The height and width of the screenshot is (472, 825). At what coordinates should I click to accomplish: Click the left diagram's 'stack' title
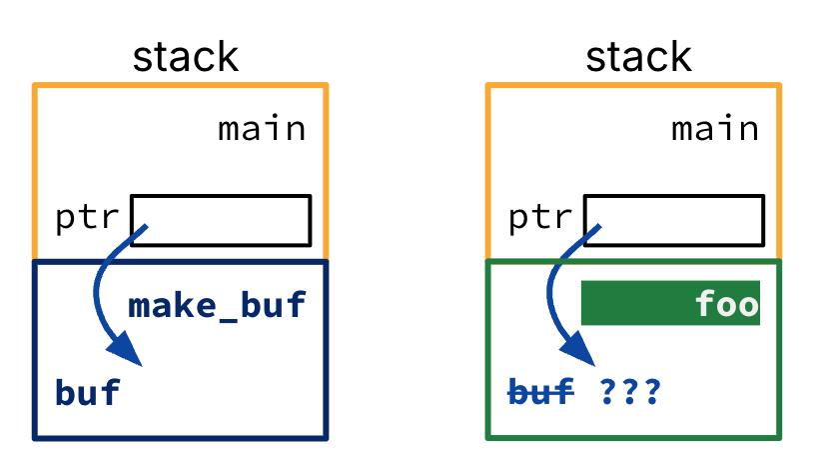[186, 57]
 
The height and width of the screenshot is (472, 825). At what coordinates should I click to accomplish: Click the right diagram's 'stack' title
[638, 57]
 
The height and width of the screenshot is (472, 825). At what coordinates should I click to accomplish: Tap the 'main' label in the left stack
[262, 129]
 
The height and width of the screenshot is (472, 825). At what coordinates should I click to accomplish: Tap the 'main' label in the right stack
[715, 129]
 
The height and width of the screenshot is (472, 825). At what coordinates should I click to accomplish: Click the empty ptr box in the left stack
[221, 220]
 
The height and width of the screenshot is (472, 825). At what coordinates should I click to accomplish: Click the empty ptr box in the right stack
[674, 220]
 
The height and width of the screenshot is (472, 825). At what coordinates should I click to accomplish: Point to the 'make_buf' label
[217, 305]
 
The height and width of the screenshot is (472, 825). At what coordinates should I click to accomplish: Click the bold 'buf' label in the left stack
[87, 392]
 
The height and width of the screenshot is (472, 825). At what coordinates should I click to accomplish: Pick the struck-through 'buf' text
[540, 392]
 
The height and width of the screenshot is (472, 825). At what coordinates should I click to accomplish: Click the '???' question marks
[630, 392]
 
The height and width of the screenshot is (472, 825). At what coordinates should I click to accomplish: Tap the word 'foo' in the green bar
[727, 303]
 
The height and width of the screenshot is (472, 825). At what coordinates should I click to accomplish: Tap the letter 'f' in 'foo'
[705, 303]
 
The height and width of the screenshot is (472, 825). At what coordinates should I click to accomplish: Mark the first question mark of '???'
[608, 392]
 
